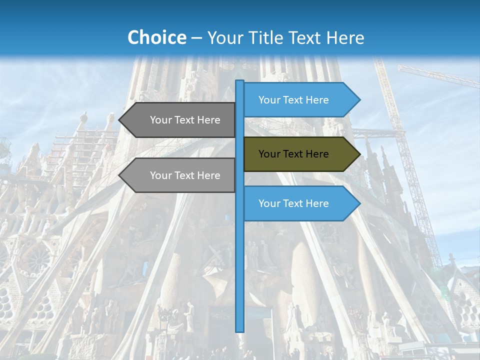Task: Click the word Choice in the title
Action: pyautogui.click(x=156, y=38)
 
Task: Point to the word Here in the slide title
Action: pyautogui.click(x=345, y=38)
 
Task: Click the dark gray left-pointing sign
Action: pyautogui.click(x=180, y=120)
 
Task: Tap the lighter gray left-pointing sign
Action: pyautogui.click(x=180, y=175)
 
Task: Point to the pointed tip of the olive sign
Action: pyautogui.click(x=358, y=154)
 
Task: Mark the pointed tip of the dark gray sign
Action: pyautogui.click(x=120, y=120)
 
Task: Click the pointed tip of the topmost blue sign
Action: pyautogui.click(x=358, y=100)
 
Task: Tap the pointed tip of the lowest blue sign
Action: pyautogui.click(x=358, y=203)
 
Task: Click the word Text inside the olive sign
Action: pyautogui.click(x=294, y=154)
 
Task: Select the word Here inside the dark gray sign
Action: pyautogui.click(x=208, y=120)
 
